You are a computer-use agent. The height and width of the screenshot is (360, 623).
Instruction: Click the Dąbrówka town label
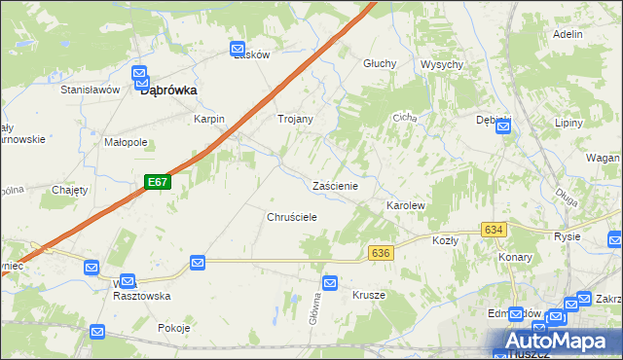(169, 90)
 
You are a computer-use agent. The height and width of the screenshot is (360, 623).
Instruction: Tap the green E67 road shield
(159, 182)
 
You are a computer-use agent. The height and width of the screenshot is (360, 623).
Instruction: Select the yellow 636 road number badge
(381, 252)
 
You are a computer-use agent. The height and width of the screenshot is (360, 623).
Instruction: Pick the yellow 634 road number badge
(494, 230)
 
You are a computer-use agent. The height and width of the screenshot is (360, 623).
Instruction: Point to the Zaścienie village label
(336, 186)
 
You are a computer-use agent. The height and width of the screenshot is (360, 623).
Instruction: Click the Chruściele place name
(292, 217)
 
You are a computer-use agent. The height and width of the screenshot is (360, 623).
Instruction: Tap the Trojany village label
(295, 119)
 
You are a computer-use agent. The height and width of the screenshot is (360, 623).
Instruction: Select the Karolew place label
(406, 206)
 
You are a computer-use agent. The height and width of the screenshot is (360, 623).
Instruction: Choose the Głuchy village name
(380, 63)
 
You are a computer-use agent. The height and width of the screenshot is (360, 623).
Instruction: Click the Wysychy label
(441, 64)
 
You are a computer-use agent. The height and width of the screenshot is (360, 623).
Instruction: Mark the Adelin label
(567, 34)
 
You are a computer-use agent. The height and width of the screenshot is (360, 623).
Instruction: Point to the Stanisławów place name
(90, 90)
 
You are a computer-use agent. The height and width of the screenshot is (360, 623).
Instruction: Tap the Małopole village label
(126, 141)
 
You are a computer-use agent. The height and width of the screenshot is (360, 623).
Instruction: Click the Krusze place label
(369, 295)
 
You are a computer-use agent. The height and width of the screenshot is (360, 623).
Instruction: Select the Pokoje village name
(173, 328)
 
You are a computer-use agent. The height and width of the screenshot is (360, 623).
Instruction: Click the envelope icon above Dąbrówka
(140, 73)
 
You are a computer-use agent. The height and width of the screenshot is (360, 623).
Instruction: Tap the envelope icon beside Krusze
(330, 283)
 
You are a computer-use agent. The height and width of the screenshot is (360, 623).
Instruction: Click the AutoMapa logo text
(559, 342)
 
